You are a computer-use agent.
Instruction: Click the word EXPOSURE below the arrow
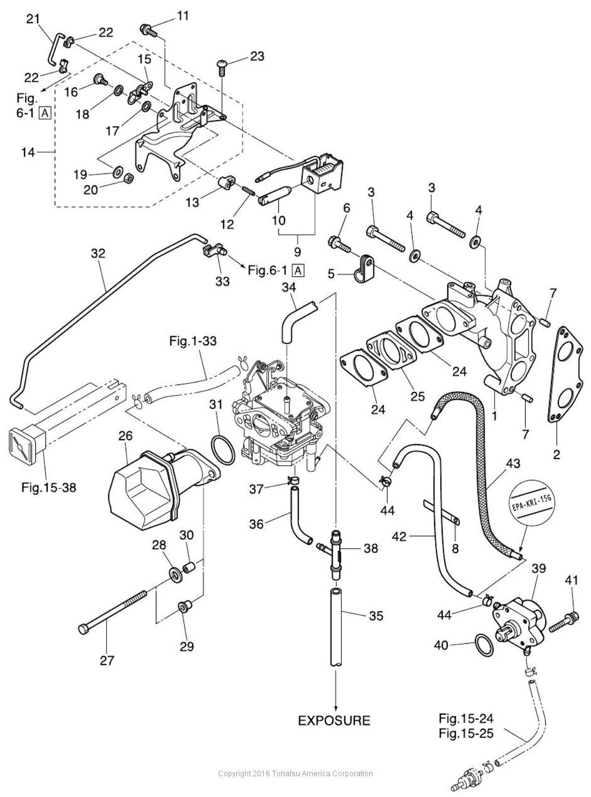point(334,721)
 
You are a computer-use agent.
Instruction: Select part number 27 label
point(107,660)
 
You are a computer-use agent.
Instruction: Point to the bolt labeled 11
point(149,29)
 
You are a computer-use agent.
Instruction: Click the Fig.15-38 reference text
point(49,486)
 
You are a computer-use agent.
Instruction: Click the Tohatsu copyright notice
point(295,773)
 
